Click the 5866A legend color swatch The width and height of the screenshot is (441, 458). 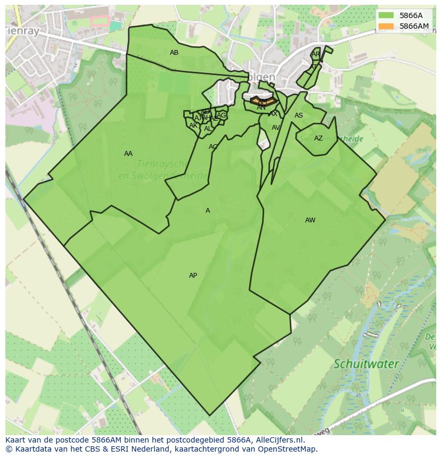[387, 15]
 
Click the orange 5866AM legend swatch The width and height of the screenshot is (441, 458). [387, 26]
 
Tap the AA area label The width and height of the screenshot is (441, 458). [128, 154]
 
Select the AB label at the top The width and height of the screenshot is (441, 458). [174, 53]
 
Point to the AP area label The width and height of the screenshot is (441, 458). [193, 276]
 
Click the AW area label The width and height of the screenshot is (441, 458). [310, 220]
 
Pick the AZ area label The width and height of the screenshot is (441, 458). [318, 138]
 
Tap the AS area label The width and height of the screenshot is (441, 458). [299, 115]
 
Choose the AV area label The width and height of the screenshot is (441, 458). [275, 128]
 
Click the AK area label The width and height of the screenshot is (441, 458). [193, 126]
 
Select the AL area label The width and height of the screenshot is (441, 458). [208, 129]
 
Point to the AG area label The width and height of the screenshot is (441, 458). [222, 115]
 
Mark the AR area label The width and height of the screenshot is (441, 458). [316, 54]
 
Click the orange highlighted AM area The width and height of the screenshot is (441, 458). [262, 100]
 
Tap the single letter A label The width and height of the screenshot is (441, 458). [208, 211]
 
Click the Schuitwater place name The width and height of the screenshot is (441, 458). [366, 364]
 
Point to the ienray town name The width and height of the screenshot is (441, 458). [22, 31]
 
